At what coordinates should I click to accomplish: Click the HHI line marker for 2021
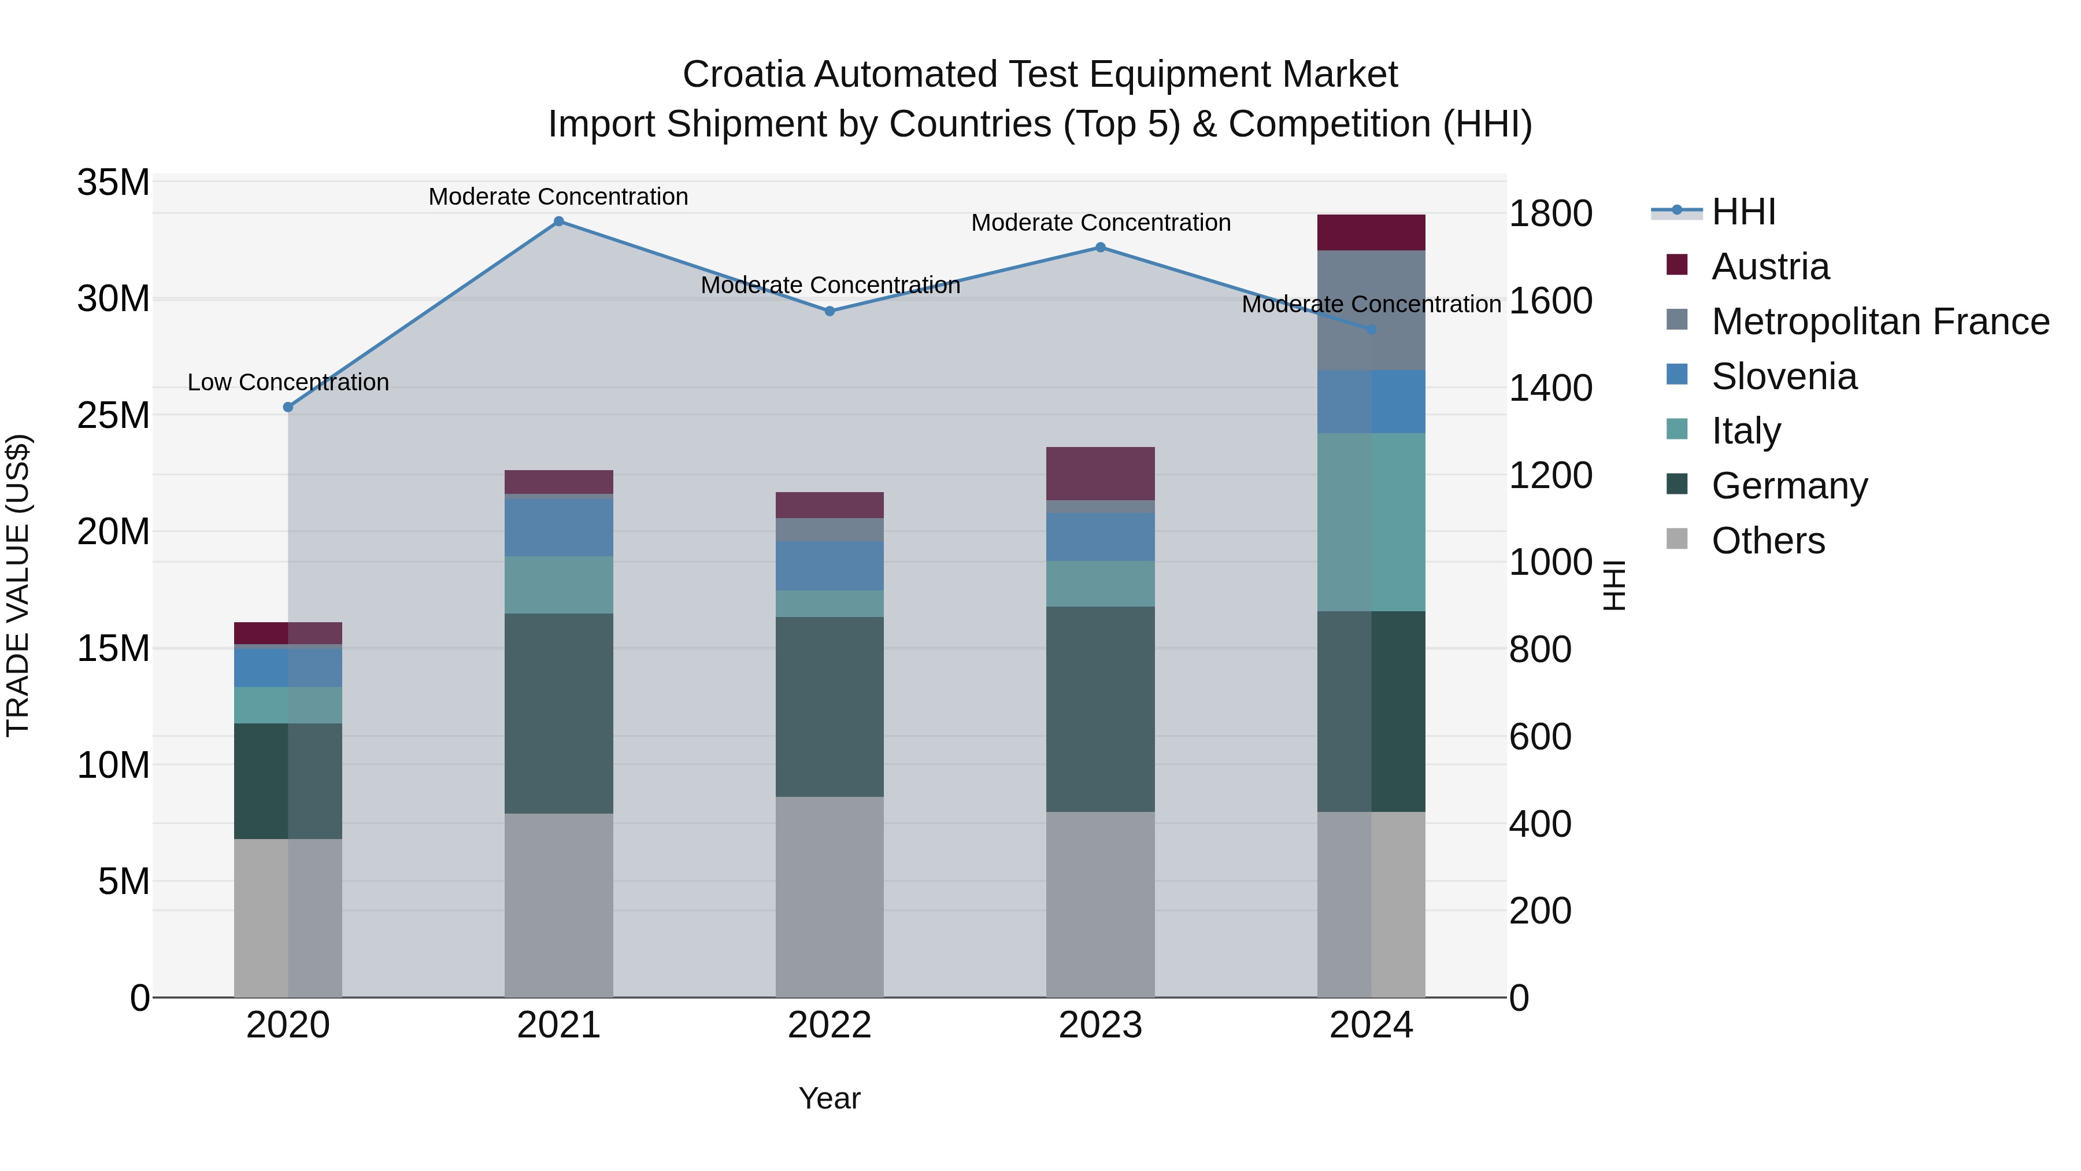click(558, 221)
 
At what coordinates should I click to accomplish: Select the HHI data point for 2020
click(288, 407)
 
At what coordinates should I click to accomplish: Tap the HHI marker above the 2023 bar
click(1100, 248)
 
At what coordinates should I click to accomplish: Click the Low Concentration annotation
click(288, 382)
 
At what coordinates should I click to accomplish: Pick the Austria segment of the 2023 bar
click(1100, 474)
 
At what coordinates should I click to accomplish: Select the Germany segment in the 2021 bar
click(558, 713)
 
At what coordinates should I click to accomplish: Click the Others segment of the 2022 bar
click(830, 896)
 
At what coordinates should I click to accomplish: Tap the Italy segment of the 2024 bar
click(1371, 522)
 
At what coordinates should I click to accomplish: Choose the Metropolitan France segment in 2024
click(1371, 311)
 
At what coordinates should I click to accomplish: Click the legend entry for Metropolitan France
click(1880, 322)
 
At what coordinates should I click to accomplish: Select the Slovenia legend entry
click(1784, 376)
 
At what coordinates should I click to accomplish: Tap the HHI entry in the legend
click(1743, 212)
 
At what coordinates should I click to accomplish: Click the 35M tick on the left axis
click(113, 183)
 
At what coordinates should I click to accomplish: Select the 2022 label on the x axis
click(830, 1025)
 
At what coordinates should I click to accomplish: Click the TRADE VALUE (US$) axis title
click(18, 585)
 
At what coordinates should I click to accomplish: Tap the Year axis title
click(830, 1098)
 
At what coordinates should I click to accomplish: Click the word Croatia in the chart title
click(743, 75)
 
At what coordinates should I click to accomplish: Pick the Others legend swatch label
click(1768, 541)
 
